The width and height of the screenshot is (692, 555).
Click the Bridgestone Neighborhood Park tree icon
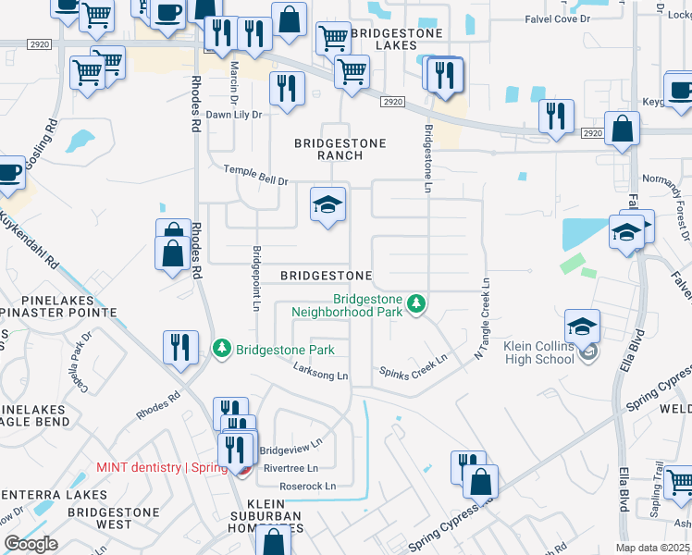(x=417, y=303)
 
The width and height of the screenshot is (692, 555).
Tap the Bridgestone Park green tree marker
(x=222, y=349)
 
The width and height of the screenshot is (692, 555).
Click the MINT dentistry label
(x=162, y=467)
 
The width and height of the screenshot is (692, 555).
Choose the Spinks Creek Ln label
(x=414, y=366)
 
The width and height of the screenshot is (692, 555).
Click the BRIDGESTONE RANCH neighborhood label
(x=327, y=149)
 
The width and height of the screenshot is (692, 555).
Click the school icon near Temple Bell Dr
(x=327, y=205)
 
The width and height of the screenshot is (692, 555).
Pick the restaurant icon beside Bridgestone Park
(x=180, y=347)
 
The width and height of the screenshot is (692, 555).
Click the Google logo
(x=31, y=544)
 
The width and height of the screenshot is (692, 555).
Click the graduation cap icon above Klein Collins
(x=583, y=326)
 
